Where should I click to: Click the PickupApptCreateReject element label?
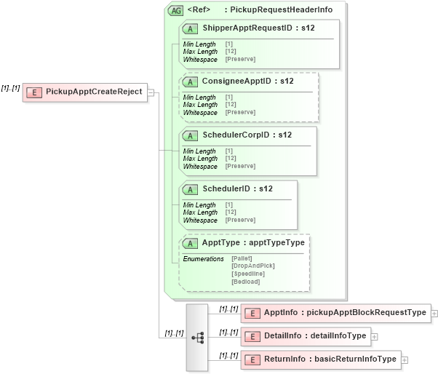[x=94, y=92]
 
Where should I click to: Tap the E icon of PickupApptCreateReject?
[x=33, y=92]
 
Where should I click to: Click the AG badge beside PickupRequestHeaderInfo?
[x=175, y=10]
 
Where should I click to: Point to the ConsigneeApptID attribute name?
[x=247, y=81]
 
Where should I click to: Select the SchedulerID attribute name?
[x=238, y=188]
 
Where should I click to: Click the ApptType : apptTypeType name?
[x=252, y=242]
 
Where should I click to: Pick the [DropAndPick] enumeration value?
[x=252, y=266]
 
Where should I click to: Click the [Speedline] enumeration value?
[x=248, y=274]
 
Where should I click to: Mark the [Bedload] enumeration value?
[x=246, y=281]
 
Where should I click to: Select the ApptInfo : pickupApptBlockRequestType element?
[x=344, y=312]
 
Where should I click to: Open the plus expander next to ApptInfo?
[x=434, y=313]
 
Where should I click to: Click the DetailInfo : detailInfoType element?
[x=314, y=335]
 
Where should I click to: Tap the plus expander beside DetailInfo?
[x=374, y=336]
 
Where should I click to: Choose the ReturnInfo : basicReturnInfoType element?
[x=330, y=359]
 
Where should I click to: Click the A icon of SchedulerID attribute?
[x=190, y=189]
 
